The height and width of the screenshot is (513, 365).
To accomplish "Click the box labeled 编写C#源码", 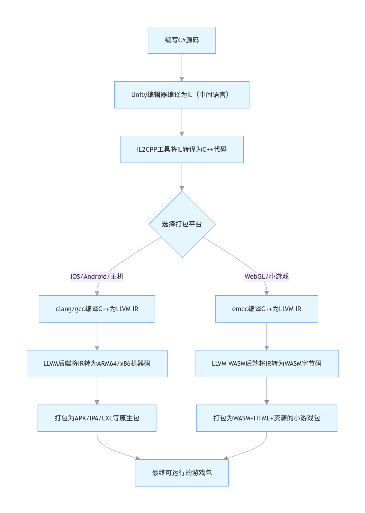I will click(x=182, y=40).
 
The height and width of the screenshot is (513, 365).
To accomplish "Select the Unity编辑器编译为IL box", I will click(x=182, y=95).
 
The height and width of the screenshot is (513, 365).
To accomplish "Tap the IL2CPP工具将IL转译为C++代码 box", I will click(x=182, y=149).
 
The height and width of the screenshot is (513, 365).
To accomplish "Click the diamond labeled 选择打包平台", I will click(x=182, y=224).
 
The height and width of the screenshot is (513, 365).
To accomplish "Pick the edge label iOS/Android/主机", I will click(x=97, y=276).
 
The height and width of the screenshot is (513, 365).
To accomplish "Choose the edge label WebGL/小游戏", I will click(x=266, y=276).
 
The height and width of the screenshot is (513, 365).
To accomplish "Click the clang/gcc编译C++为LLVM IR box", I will click(x=97, y=309).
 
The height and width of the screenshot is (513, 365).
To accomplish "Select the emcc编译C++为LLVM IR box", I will click(x=266, y=309).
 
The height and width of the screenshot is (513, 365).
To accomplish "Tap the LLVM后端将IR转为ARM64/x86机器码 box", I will click(x=97, y=364).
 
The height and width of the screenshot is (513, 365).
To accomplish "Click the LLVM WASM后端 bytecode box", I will click(x=266, y=364).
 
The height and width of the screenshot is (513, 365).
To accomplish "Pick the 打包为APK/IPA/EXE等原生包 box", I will click(x=97, y=418).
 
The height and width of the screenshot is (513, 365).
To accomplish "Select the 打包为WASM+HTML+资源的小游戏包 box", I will click(x=266, y=418).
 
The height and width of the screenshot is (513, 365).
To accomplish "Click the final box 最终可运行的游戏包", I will click(x=182, y=473).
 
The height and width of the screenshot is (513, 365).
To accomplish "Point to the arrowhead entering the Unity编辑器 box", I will click(x=182, y=79).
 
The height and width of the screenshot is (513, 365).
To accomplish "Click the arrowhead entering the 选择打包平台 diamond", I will click(x=182, y=188).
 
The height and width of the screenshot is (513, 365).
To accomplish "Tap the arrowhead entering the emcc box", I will click(x=267, y=293).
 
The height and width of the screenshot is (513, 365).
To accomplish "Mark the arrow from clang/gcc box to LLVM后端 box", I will click(x=97, y=336).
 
